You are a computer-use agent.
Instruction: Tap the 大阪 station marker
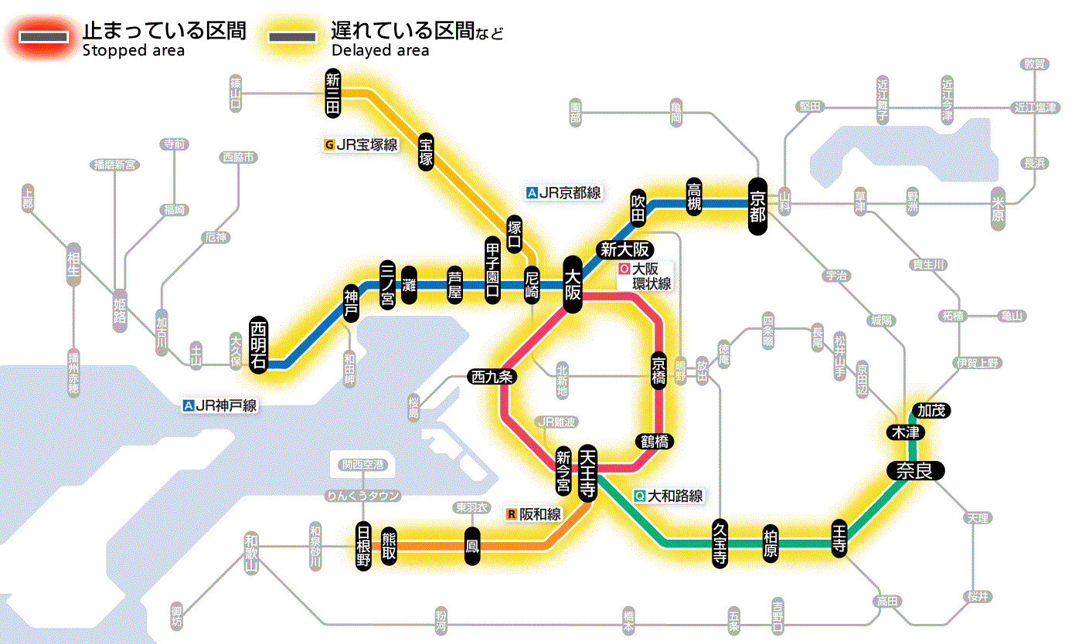pos(573,284)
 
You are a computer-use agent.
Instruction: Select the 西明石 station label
pos(258,344)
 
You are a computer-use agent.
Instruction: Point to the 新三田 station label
pos(333,93)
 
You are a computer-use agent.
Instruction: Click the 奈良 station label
pos(914,471)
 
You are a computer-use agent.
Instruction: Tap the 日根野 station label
pos(363,546)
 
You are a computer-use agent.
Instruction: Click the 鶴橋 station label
pos(654,442)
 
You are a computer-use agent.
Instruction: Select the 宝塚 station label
pos(426,152)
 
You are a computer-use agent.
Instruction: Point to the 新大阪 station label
pos(627,249)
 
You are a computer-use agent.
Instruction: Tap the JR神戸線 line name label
pos(220,405)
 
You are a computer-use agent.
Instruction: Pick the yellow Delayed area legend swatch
pos(291,36)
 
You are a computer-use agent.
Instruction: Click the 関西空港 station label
pos(362,465)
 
